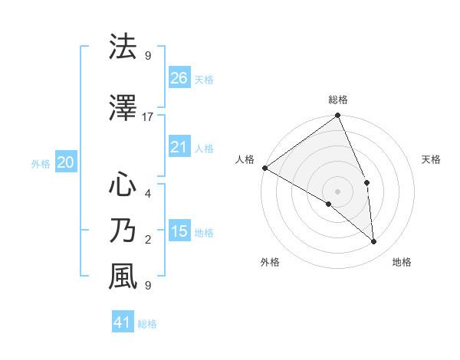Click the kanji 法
tap(123, 47)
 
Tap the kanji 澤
tap(123, 111)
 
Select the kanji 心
tap(123, 185)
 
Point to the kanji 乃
tap(123, 231)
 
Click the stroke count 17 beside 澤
tap(148, 117)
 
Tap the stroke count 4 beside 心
tap(148, 193)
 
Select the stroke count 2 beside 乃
tap(148, 240)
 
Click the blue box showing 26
tap(179, 78)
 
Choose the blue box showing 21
tap(179, 147)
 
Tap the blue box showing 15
tap(179, 231)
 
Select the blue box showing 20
tap(66, 162)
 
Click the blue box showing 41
tap(123, 322)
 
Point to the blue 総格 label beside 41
tap(147, 324)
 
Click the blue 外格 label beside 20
tap(41, 163)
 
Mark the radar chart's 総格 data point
tap(337, 116)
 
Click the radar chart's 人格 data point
tap(264, 168)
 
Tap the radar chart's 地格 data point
tap(374, 242)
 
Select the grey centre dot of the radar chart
tap(337, 191)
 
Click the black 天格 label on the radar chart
tap(432, 159)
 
